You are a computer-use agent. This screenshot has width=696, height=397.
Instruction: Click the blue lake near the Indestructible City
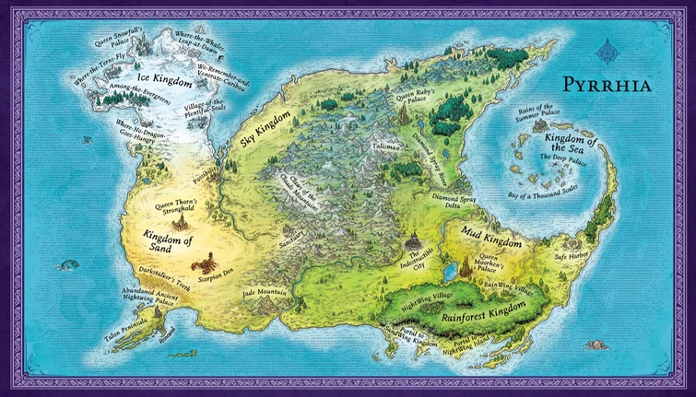450,273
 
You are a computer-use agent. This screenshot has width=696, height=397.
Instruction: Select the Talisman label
388,146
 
